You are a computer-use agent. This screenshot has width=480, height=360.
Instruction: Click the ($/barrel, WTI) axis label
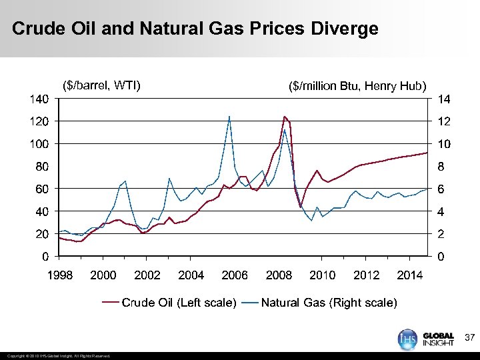(x=101, y=85)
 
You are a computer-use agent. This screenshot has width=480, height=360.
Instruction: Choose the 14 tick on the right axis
(x=443, y=99)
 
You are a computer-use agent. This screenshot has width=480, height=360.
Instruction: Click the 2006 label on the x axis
(x=235, y=275)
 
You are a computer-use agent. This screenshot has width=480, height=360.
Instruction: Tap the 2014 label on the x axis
(x=410, y=275)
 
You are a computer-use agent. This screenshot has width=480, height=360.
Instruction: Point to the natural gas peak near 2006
(x=229, y=117)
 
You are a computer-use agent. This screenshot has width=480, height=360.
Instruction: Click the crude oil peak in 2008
(x=285, y=117)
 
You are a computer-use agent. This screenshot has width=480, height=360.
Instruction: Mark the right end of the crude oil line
(x=427, y=153)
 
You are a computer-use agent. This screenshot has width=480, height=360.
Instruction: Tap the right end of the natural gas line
(x=427, y=190)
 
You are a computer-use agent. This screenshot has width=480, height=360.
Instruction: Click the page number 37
(x=469, y=338)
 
